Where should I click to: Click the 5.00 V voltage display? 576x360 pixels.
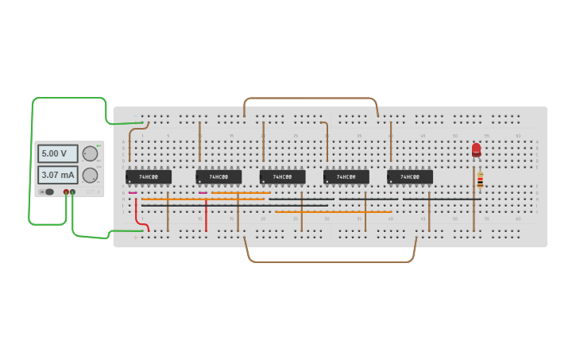point(57,153)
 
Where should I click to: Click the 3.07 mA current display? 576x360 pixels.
point(57,175)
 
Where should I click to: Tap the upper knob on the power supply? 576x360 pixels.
point(90,153)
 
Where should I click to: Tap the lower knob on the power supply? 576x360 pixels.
point(90,175)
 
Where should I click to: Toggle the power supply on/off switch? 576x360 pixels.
point(48,192)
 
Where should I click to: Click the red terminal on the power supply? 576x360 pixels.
point(67,192)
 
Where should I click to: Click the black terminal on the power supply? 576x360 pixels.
point(73,192)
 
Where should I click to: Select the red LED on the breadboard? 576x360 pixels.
point(476,149)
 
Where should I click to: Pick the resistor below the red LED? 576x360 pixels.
point(480,180)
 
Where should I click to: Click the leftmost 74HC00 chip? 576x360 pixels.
point(149,176)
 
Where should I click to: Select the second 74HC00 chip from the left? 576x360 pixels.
point(218,176)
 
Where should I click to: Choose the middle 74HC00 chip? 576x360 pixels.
point(282,176)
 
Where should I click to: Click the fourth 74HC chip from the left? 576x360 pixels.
point(346,176)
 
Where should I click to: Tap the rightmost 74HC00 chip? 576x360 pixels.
point(410,176)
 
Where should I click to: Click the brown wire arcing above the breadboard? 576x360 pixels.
point(310,99)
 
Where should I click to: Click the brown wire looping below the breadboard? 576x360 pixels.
point(330,261)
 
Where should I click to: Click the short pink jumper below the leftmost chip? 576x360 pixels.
point(133,192)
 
